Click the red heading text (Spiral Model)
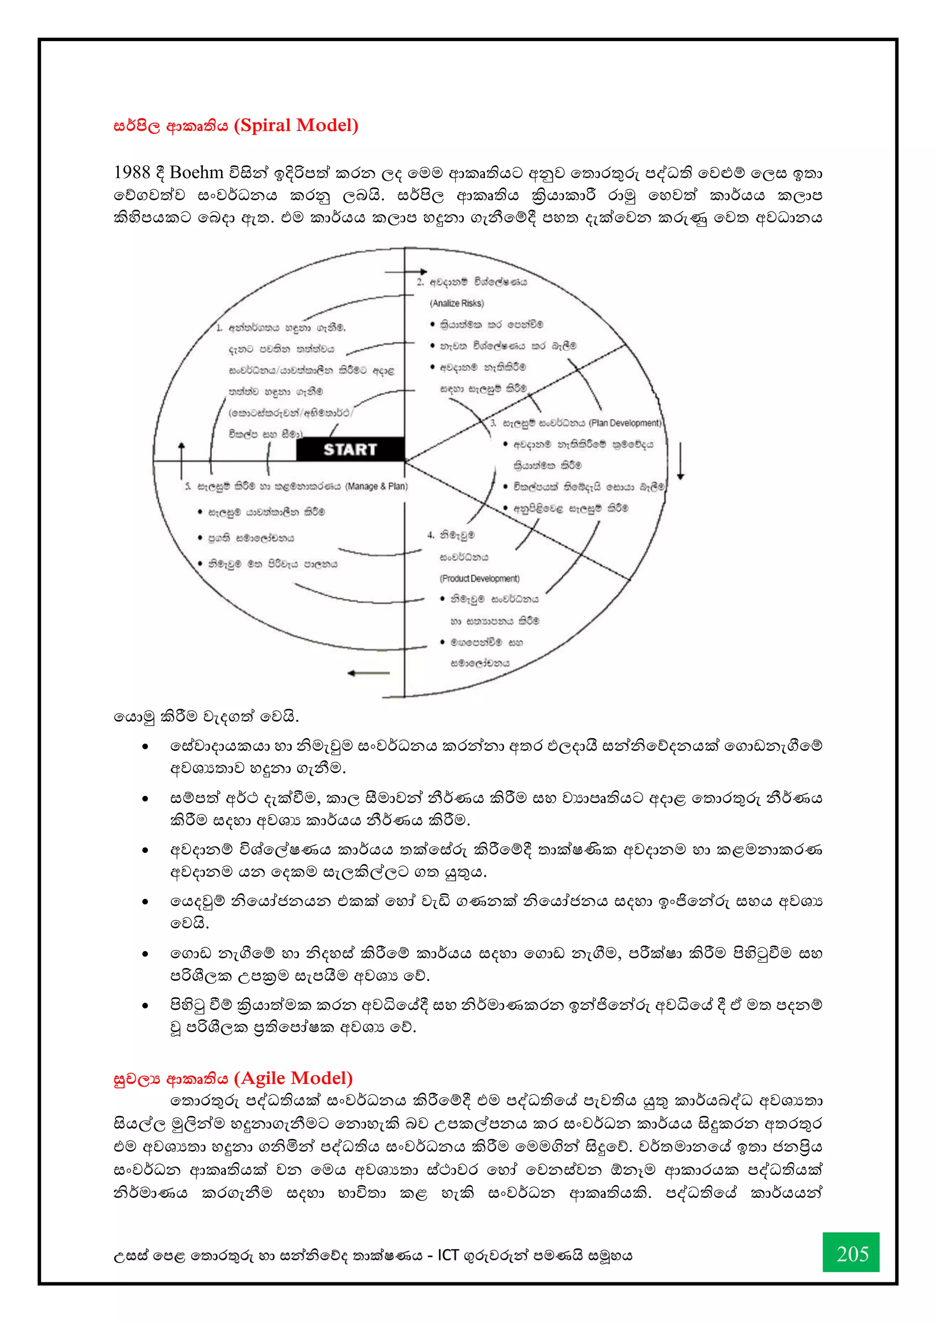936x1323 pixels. click(x=296, y=126)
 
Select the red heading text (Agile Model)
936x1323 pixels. click(x=294, y=1078)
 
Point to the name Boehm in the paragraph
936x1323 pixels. click(x=196, y=172)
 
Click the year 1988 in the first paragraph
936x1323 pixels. click(x=132, y=172)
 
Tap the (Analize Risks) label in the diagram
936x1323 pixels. click(x=457, y=303)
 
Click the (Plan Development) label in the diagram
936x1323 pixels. click(x=625, y=423)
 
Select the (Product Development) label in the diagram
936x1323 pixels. click(x=479, y=579)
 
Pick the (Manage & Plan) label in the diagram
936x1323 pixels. click(x=376, y=486)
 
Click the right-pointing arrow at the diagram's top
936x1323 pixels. click(x=406, y=272)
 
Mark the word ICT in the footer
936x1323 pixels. click(x=448, y=1255)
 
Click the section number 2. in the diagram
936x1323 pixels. click(x=420, y=282)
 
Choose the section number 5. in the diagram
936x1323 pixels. click(x=188, y=487)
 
